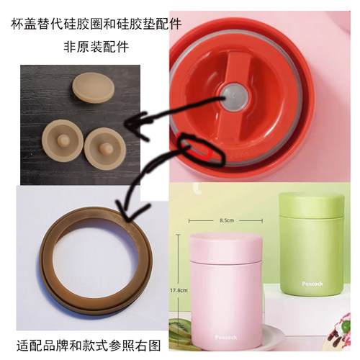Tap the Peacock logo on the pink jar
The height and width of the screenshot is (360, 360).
[225, 336]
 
